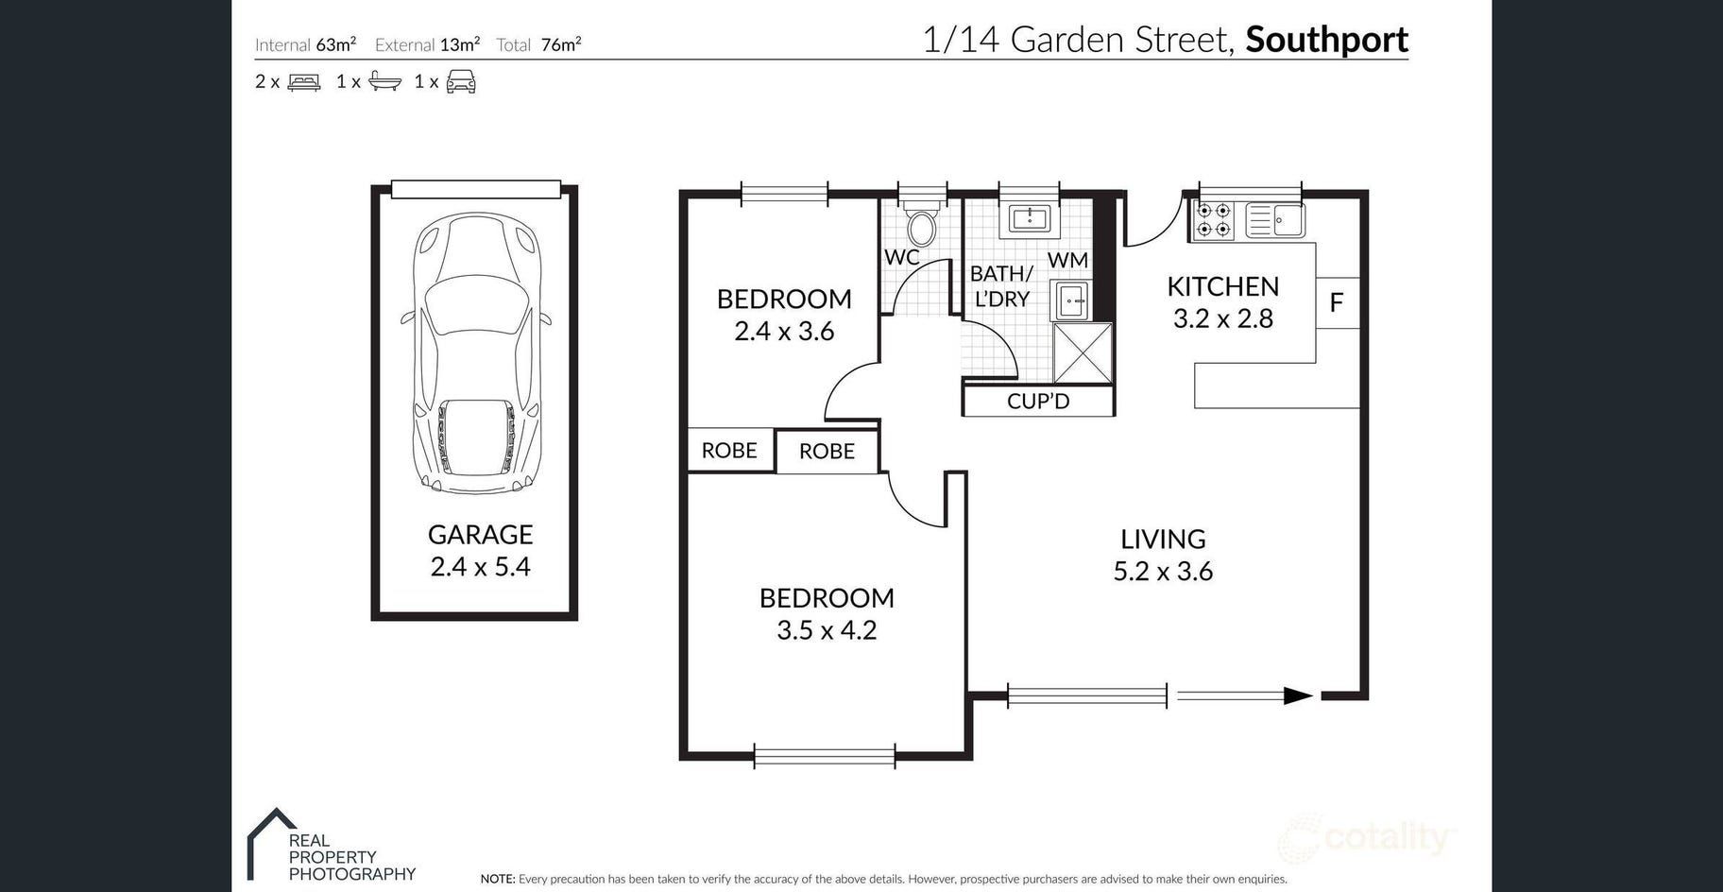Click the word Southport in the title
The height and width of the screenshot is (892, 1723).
1326,40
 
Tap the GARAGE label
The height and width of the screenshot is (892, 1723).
480,535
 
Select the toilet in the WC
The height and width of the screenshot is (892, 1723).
921,223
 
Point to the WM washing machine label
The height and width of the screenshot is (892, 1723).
1067,260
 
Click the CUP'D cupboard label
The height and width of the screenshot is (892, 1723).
1038,401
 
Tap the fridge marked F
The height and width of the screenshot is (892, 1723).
1337,302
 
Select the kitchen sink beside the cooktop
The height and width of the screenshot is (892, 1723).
1275,220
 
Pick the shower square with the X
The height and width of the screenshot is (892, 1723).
1083,352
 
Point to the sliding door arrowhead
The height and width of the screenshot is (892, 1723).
1298,696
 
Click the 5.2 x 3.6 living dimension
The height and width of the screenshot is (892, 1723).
1163,572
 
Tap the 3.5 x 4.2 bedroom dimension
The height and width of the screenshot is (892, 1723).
827,630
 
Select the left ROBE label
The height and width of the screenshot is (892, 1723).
729,451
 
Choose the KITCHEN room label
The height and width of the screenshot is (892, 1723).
1223,286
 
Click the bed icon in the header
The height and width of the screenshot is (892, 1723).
304,82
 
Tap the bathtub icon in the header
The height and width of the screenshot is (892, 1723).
384,81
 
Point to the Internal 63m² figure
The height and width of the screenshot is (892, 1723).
305,44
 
